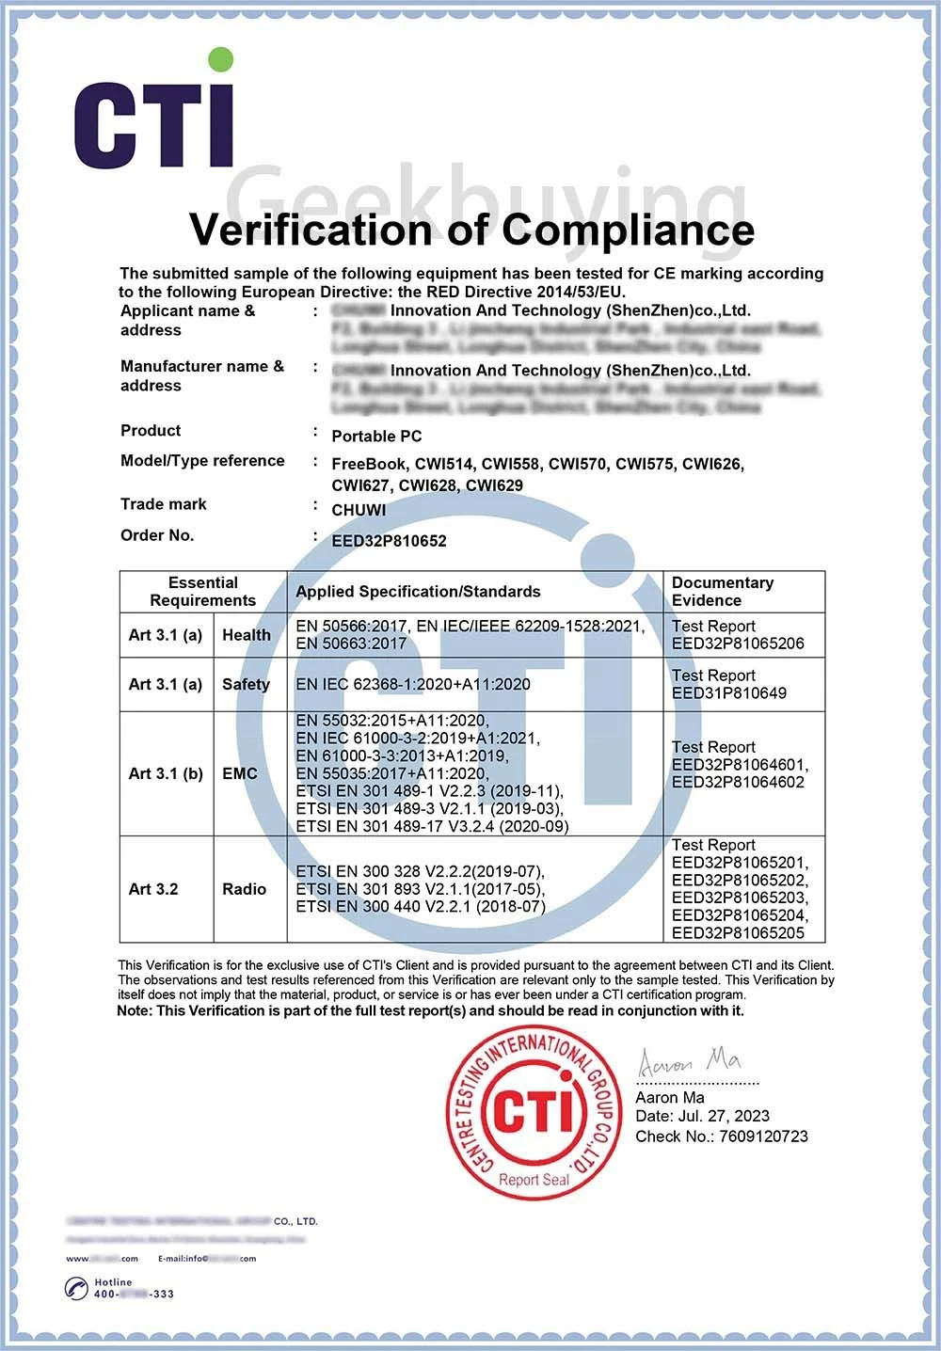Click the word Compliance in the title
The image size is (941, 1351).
point(628,230)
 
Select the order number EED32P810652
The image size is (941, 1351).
point(389,541)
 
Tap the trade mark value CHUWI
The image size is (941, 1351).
point(359,510)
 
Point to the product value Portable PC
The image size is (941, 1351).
point(376,437)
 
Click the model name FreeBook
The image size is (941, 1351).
point(370,464)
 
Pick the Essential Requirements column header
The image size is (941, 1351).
point(203,592)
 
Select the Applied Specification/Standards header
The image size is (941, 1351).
point(418,592)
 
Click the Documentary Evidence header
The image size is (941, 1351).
point(722,592)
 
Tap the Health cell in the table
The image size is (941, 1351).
point(247,635)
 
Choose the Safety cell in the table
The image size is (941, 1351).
point(246,684)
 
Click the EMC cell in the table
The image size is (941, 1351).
point(240,773)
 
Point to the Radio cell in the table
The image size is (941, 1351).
point(245,889)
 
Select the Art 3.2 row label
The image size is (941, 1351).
point(153,889)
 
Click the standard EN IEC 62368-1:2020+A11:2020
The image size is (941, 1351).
point(413,684)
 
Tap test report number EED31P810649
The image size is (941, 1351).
point(729,693)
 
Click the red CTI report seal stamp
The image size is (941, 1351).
point(533,1112)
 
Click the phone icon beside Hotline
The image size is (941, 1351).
point(76,1288)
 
